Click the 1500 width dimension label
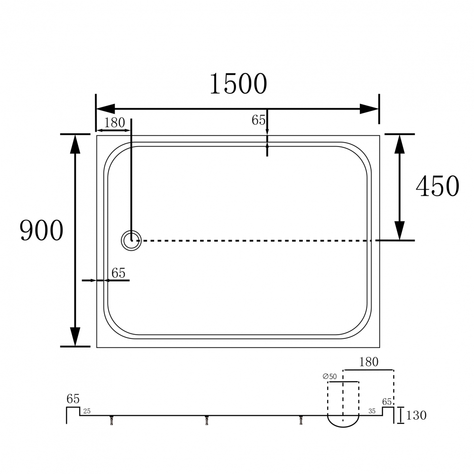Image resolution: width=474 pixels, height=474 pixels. tap(238, 84)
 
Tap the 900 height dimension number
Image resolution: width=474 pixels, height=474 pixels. tap(41, 230)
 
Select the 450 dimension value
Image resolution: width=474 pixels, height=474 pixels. tap(438, 186)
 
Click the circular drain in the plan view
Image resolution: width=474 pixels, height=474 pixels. tap(131, 241)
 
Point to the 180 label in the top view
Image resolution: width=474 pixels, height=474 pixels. tap(115, 123)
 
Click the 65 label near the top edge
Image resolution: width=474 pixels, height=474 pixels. tap(258, 120)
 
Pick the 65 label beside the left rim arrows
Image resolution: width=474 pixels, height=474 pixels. tap(118, 273)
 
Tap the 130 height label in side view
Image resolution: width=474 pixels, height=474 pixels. tap(416, 415)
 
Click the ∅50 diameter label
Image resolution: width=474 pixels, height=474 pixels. tap(329, 376)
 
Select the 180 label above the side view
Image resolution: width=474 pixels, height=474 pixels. tap(368, 362)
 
